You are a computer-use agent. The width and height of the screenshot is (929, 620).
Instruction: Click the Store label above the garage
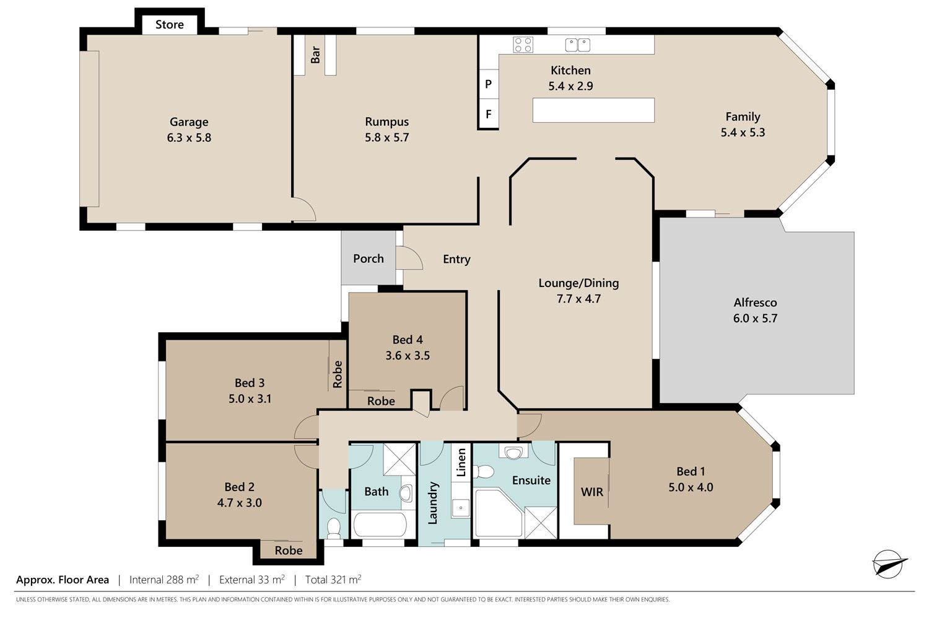(169, 25)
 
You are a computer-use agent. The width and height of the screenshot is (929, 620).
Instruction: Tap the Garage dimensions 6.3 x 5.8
(189, 138)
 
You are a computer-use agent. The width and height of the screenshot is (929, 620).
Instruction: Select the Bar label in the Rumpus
(316, 55)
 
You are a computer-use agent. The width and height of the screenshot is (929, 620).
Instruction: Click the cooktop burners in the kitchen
(523, 45)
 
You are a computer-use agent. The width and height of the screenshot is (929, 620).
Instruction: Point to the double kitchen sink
(578, 45)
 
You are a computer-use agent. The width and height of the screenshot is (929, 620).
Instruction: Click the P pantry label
(488, 84)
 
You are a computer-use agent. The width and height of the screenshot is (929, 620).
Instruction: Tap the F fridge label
(489, 114)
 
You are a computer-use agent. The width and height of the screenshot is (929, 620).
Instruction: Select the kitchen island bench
(593, 110)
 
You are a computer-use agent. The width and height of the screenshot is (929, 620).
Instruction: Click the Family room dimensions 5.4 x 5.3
(743, 133)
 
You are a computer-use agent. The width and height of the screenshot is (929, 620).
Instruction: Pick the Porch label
(369, 259)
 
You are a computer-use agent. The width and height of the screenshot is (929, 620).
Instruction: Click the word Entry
(456, 259)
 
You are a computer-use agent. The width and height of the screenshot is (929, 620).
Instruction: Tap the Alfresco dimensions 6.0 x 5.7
(755, 319)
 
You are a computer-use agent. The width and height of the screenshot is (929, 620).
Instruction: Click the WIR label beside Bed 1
(592, 492)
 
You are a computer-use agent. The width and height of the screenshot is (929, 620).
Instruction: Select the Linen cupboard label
(461, 462)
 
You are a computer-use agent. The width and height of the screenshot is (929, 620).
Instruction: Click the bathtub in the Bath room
(379, 525)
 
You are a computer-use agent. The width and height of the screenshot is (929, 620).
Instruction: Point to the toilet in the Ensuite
(483, 472)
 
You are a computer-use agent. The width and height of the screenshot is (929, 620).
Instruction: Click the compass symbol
(888, 564)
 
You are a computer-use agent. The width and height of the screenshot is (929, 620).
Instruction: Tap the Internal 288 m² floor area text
(164, 579)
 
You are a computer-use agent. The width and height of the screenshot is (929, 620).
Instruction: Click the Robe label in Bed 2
(289, 551)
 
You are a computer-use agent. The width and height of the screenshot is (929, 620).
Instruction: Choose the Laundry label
(432, 503)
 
